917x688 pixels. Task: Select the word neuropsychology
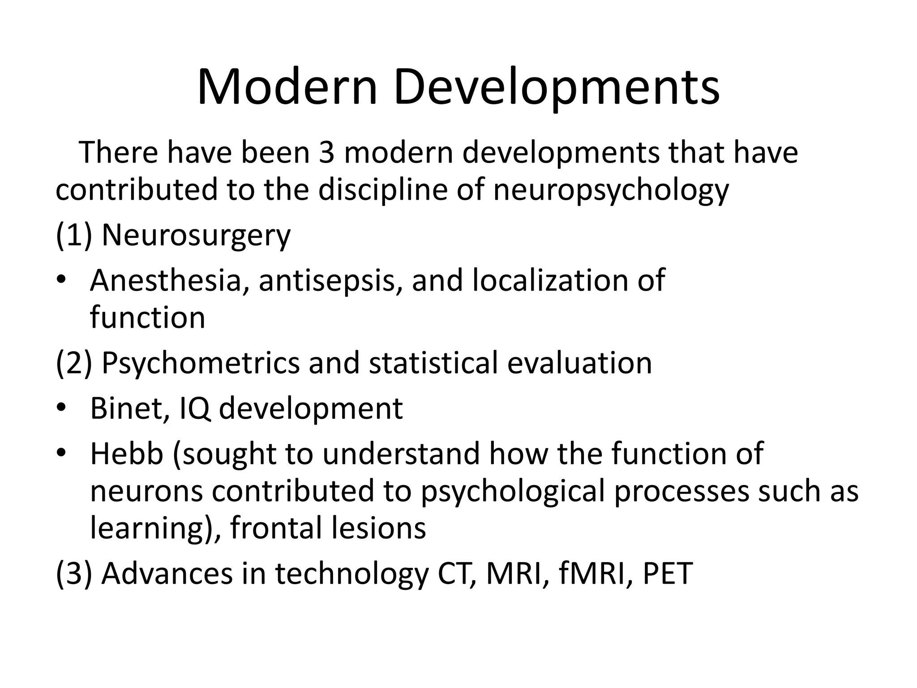tap(611, 189)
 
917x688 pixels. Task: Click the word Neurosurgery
tap(196, 235)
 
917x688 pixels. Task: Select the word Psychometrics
tap(201, 363)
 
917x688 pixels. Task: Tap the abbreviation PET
tap(668, 574)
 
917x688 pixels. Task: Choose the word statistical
tap(433, 363)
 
